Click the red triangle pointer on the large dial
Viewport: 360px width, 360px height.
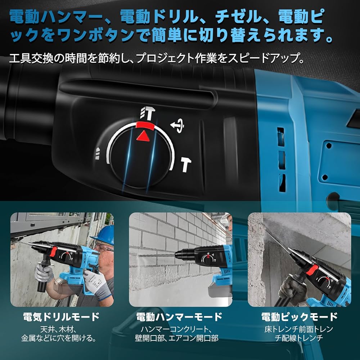[x=144, y=136]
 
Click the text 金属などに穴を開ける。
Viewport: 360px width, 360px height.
[x=61, y=338]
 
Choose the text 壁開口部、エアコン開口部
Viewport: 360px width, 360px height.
[x=179, y=338]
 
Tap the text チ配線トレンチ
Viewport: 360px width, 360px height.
[x=299, y=338]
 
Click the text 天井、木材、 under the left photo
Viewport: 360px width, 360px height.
[x=61, y=329]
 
